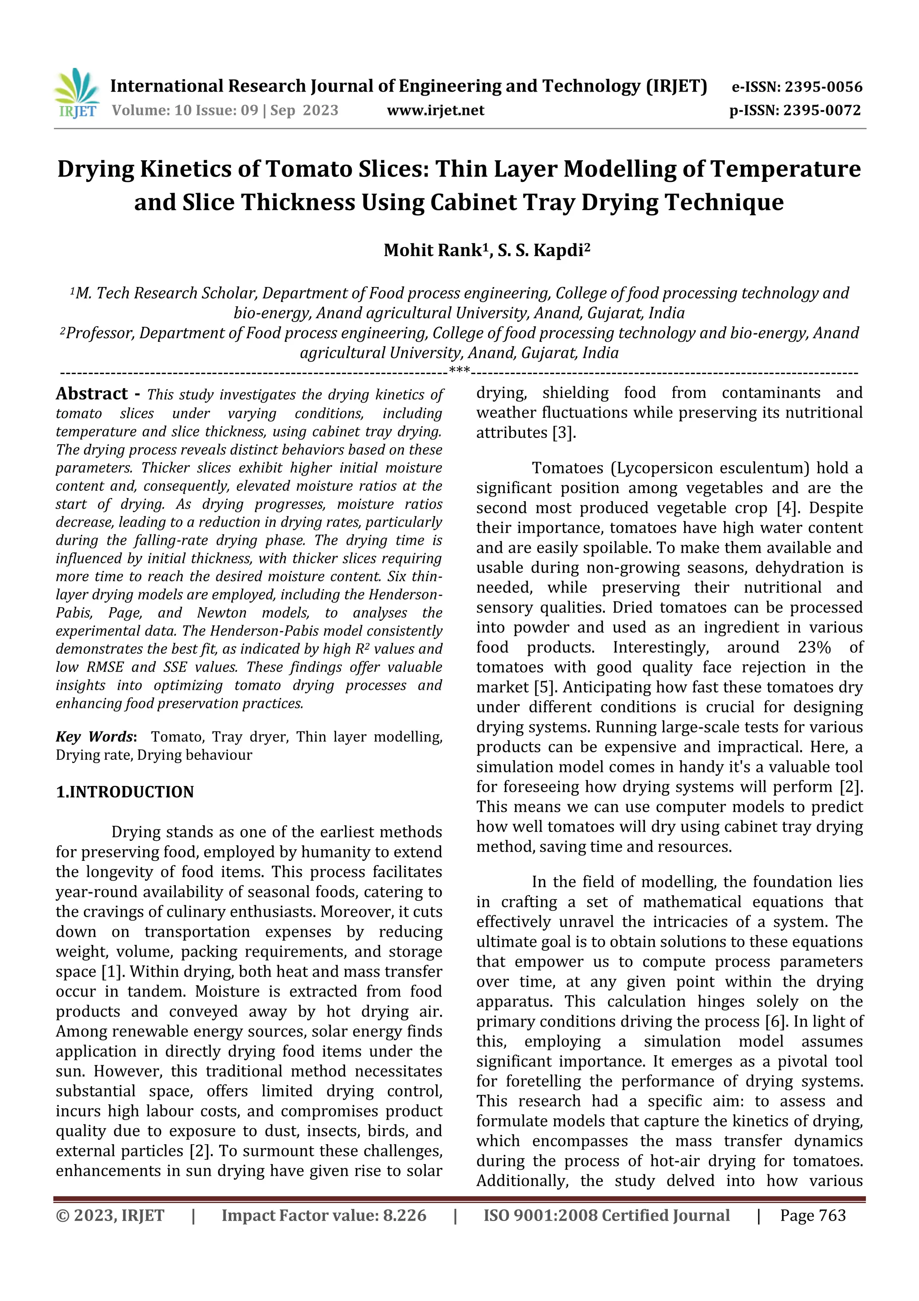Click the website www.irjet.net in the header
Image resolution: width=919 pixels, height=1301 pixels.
pos(435,110)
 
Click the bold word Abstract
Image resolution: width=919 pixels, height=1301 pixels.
pos(92,394)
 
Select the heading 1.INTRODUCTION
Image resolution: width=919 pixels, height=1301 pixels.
pos(125,792)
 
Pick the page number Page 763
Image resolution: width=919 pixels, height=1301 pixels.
pos(813,1215)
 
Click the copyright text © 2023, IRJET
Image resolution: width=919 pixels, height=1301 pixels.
pos(110,1215)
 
